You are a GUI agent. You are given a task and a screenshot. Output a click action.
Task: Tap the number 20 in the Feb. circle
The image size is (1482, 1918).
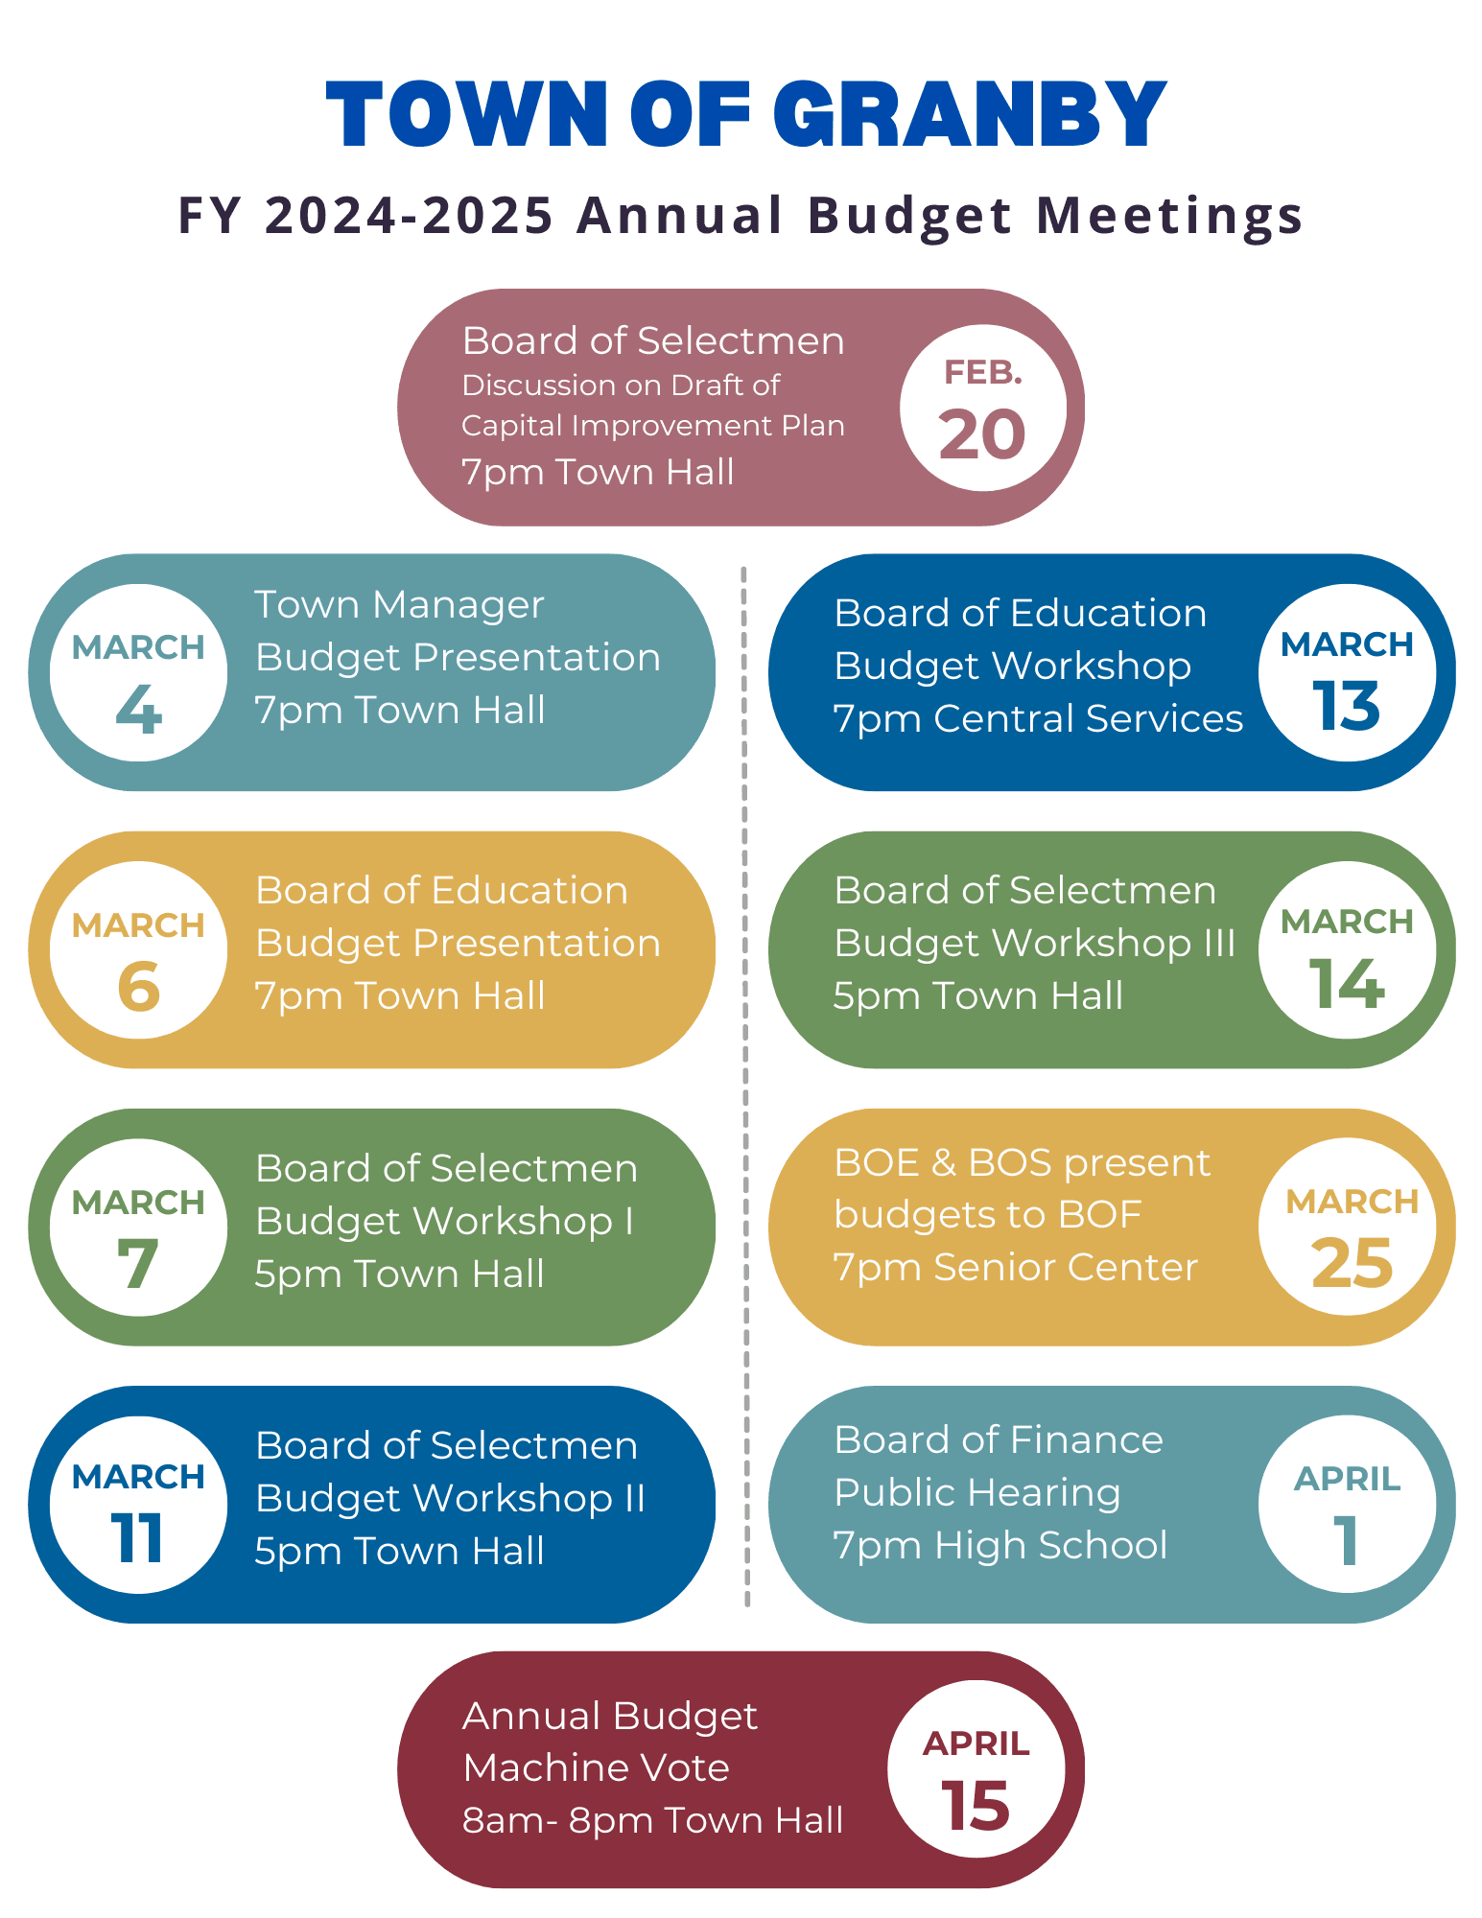pyautogui.click(x=982, y=434)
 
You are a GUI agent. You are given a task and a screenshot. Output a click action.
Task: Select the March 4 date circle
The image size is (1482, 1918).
pyautogui.click(x=139, y=673)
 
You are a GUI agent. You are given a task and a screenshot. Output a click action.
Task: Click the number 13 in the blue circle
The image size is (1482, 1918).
pyautogui.click(x=1346, y=708)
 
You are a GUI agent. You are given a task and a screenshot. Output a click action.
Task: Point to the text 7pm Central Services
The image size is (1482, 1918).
pyautogui.click(x=1038, y=718)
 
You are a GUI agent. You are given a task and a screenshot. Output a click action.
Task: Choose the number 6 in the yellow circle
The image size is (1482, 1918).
pyautogui.click(x=139, y=987)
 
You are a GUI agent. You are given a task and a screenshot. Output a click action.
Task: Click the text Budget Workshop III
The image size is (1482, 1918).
pyautogui.click(x=1034, y=944)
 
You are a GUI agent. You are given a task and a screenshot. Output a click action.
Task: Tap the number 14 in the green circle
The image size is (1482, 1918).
pyautogui.click(x=1346, y=985)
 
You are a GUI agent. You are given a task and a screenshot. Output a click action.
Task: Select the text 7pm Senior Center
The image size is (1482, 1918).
pyautogui.click(x=1015, y=1268)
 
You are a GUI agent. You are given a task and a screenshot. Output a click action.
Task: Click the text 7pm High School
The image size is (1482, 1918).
pyautogui.click(x=1000, y=1545)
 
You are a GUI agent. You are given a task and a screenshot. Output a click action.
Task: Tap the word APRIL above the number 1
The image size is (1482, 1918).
pyautogui.click(x=1347, y=1479)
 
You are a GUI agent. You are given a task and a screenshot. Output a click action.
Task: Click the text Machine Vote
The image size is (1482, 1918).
pyautogui.click(x=596, y=1767)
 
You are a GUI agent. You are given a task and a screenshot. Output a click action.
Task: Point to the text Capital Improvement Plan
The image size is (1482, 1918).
pyautogui.click(x=652, y=426)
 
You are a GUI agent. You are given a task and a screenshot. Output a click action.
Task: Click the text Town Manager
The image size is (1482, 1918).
pyautogui.click(x=399, y=605)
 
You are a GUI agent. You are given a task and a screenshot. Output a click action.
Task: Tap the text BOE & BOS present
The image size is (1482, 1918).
pyautogui.click(x=1022, y=1162)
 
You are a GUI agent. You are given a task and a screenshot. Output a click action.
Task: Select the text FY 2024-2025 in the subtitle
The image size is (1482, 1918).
pyautogui.click(x=365, y=215)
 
